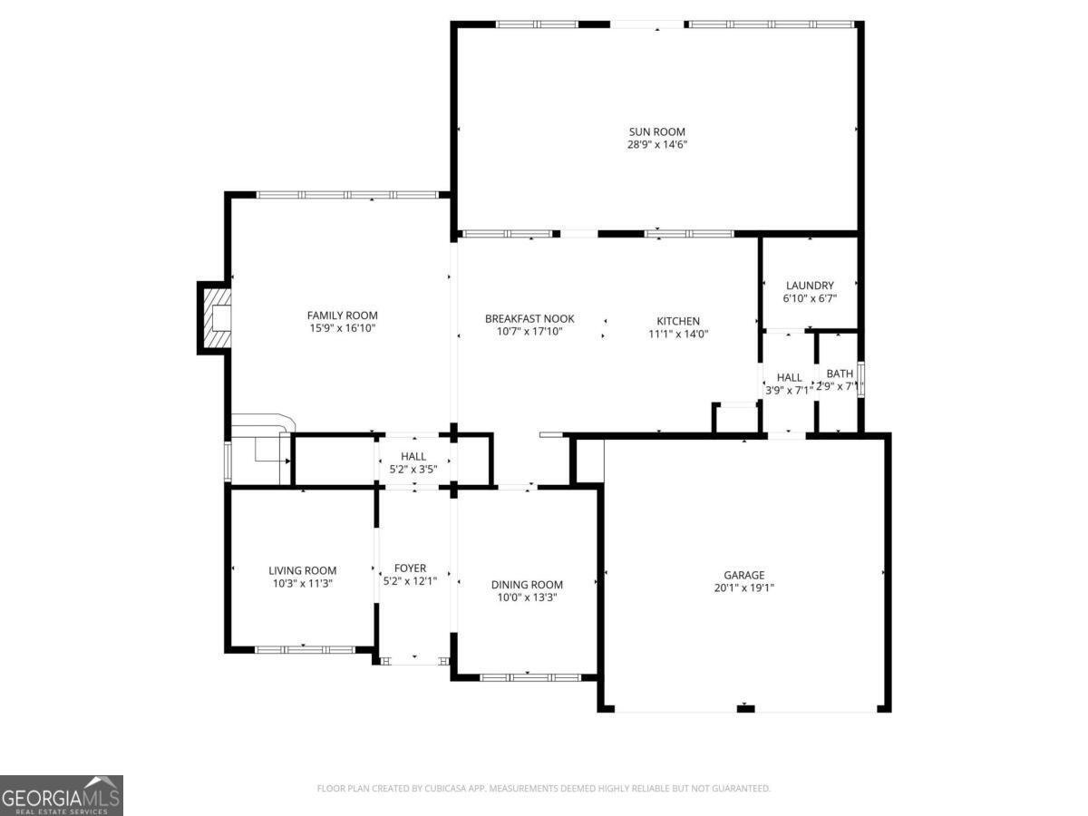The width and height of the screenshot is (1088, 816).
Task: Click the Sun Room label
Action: click(x=657, y=131)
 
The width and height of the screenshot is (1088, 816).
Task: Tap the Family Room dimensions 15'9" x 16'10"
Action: click(x=342, y=328)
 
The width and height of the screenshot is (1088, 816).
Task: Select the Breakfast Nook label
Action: click(x=529, y=319)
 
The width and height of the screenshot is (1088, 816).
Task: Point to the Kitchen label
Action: click(x=678, y=321)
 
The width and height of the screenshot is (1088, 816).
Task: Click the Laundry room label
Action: click(x=810, y=286)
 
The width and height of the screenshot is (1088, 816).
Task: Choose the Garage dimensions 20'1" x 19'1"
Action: click(x=743, y=588)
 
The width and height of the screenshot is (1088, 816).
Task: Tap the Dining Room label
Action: click(x=527, y=585)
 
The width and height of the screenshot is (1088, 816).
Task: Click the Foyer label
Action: click(x=411, y=568)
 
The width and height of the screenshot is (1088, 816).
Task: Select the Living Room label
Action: click(x=302, y=570)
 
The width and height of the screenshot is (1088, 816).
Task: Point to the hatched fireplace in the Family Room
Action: click(x=215, y=317)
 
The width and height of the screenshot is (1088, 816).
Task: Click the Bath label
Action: click(x=840, y=373)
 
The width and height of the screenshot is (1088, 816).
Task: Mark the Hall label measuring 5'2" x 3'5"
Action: click(x=413, y=456)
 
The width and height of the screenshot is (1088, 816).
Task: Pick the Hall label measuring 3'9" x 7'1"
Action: click(x=789, y=377)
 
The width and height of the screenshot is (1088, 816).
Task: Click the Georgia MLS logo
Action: click(x=62, y=795)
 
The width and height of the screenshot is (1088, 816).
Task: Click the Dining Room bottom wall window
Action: click(x=529, y=677)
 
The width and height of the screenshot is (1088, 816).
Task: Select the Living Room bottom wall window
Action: click(x=304, y=649)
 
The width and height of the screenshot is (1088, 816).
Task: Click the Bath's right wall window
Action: click(x=860, y=379)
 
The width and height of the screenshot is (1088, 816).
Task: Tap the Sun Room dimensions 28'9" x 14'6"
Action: click(x=657, y=144)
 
